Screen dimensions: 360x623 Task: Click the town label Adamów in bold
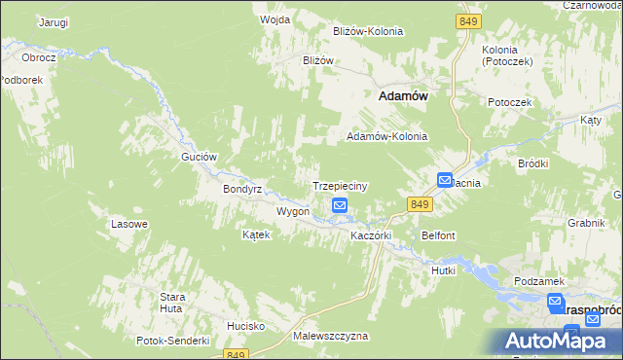[404, 96]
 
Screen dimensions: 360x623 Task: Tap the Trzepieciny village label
[339, 185]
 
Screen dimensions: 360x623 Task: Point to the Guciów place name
[198, 156]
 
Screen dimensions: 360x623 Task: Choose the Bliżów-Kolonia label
[367, 31]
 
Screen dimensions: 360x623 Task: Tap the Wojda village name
[275, 18]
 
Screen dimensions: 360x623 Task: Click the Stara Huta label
[173, 302]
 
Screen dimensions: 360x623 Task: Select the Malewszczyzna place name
[330, 336]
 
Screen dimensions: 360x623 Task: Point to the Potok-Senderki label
[174, 341]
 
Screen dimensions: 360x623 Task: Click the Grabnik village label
[587, 222]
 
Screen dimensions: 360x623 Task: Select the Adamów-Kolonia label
[387, 137]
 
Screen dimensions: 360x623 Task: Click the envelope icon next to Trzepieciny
[339, 205]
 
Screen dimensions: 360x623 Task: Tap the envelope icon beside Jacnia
[444, 180]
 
